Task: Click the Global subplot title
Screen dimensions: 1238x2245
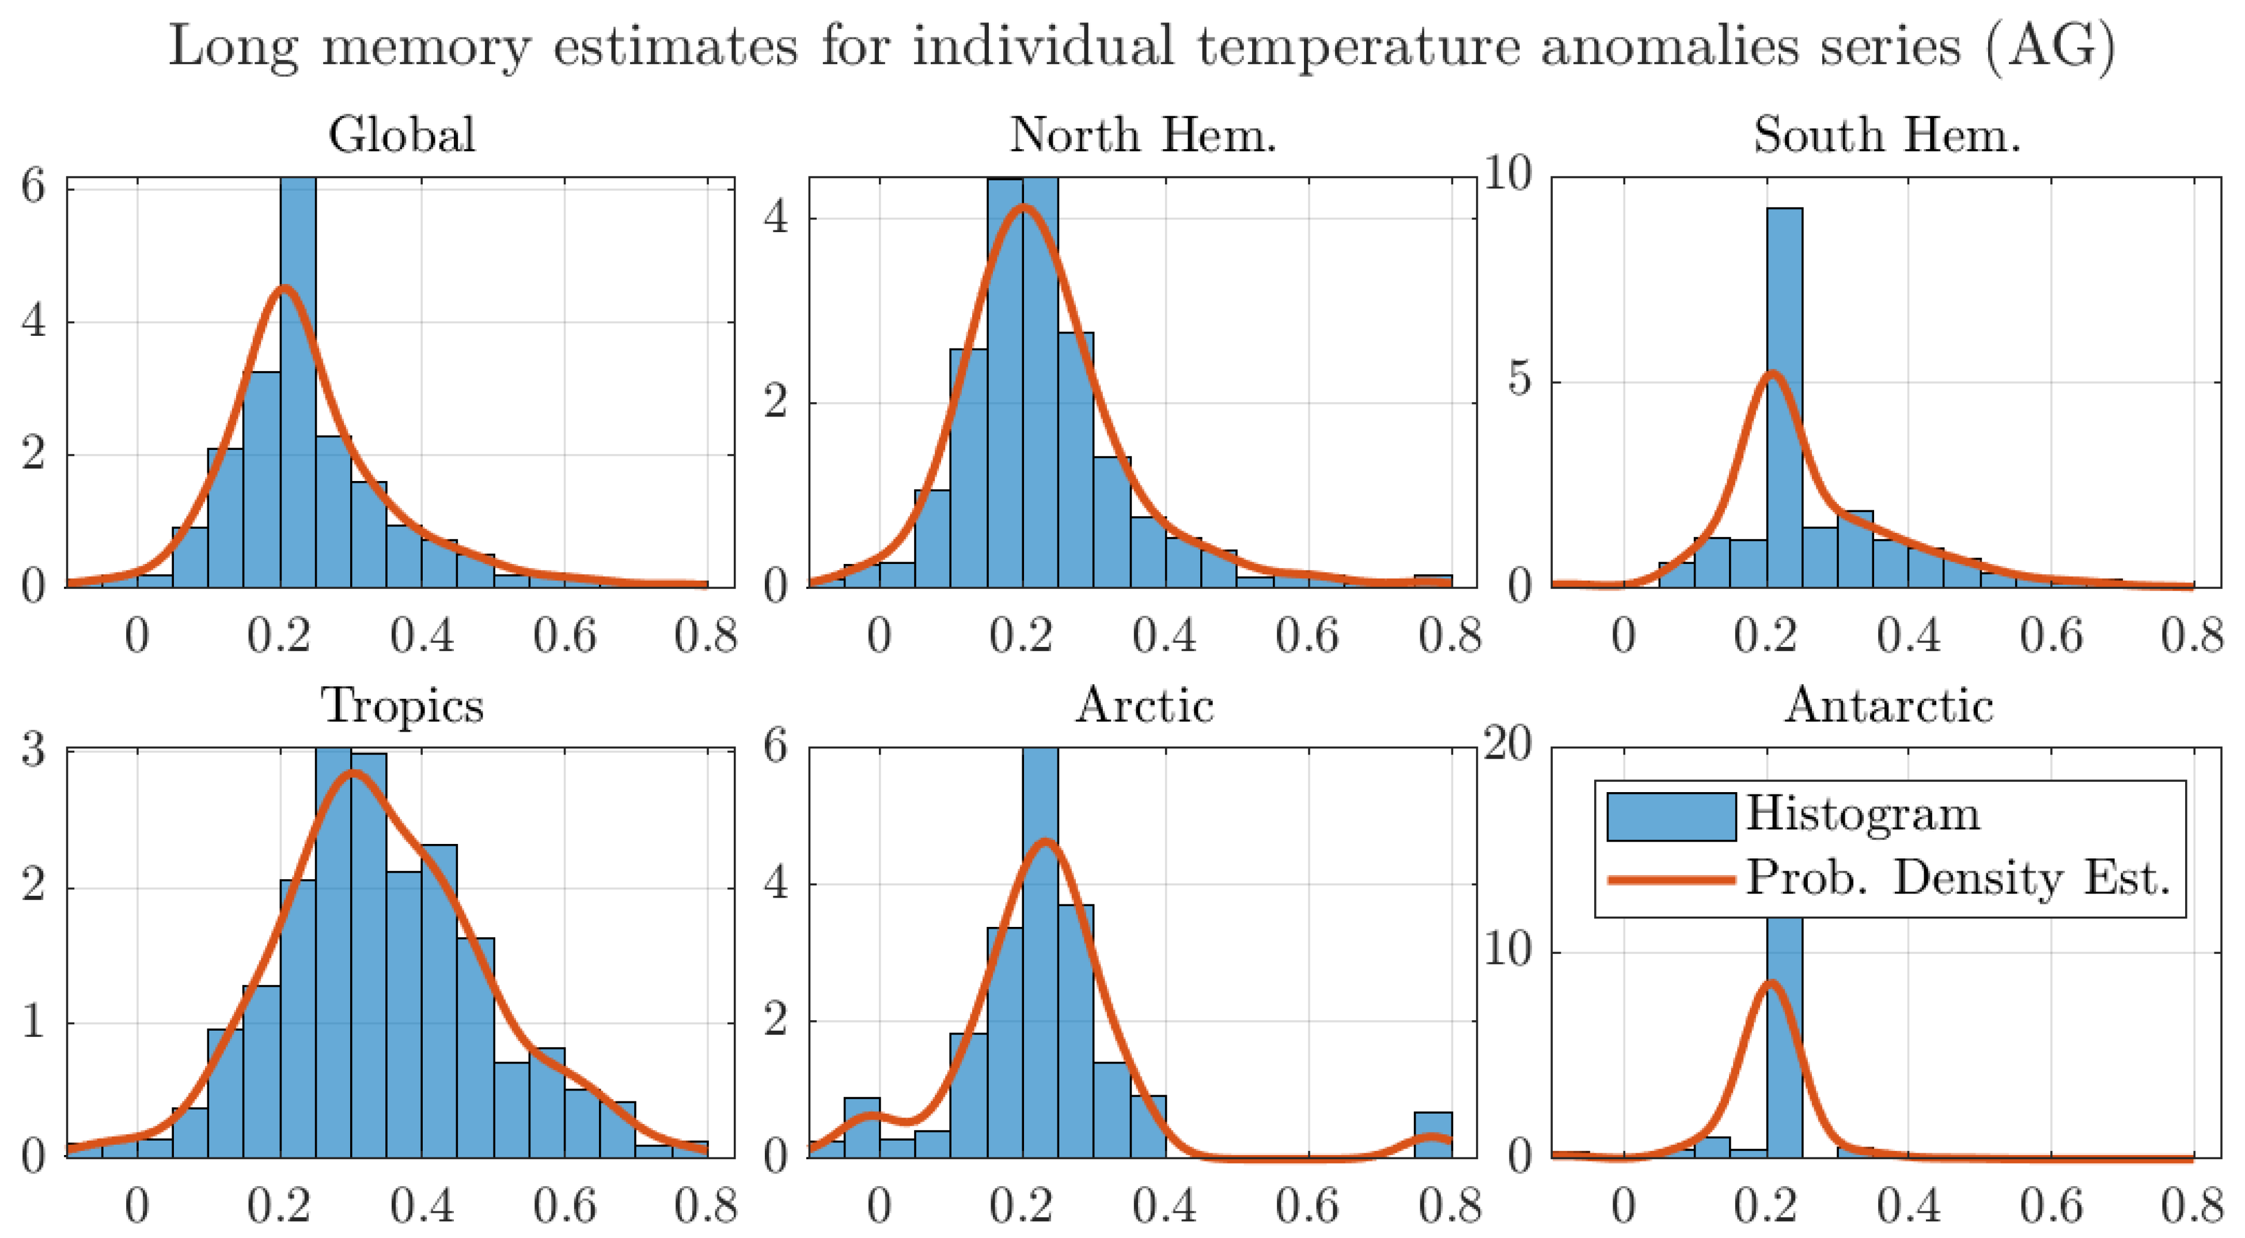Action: point(402,135)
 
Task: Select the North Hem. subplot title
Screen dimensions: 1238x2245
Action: point(1143,135)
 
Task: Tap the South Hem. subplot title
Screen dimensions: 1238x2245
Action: point(1887,135)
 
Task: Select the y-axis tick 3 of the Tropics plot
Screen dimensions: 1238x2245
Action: point(33,750)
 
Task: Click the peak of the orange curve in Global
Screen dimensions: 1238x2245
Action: point(284,289)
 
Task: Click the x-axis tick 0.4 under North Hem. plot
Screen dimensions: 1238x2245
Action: point(1165,635)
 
